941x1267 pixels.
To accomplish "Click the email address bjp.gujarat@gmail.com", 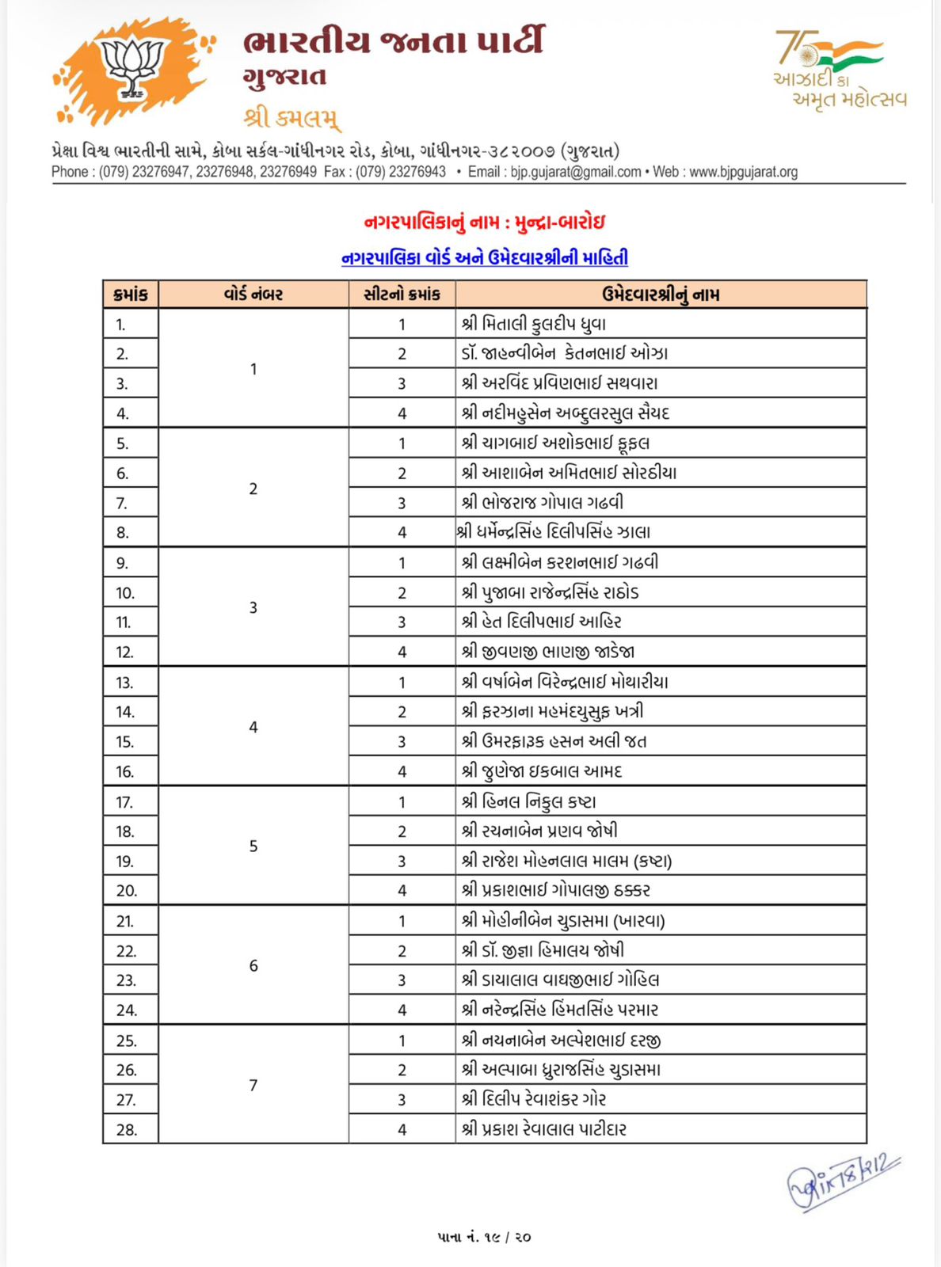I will click(576, 172).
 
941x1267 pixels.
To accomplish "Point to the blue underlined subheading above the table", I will click(484, 258).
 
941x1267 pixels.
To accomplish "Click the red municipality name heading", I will click(484, 223).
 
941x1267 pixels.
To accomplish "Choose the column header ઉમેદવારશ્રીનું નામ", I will click(661, 295).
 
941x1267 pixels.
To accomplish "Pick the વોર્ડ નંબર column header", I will click(253, 295).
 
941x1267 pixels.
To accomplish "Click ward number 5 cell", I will click(253, 846).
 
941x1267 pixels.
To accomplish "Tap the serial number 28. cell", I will click(127, 1129).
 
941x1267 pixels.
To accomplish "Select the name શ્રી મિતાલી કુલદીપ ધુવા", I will click(534, 324).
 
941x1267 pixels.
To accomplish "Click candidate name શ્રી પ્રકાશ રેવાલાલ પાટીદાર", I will click(544, 1129).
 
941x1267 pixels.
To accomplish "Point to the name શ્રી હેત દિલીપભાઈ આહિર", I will click(542, 622).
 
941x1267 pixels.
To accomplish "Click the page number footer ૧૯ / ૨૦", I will click(483, 1236).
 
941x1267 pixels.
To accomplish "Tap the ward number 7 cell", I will click(253, 1085).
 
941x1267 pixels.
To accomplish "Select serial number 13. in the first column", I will click(125, 683).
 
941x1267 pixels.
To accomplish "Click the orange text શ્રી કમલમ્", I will click(292, 119).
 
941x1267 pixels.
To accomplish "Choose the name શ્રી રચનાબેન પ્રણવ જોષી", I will click(540, 831).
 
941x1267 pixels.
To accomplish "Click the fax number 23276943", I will click(419, 172).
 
